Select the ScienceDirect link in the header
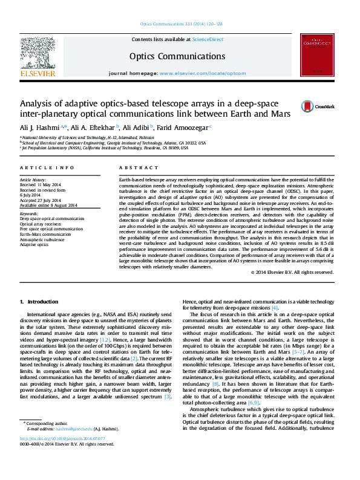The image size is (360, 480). coord(207,39)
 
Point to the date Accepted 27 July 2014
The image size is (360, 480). coord(44,200)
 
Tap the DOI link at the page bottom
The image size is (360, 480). coord(62,455)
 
